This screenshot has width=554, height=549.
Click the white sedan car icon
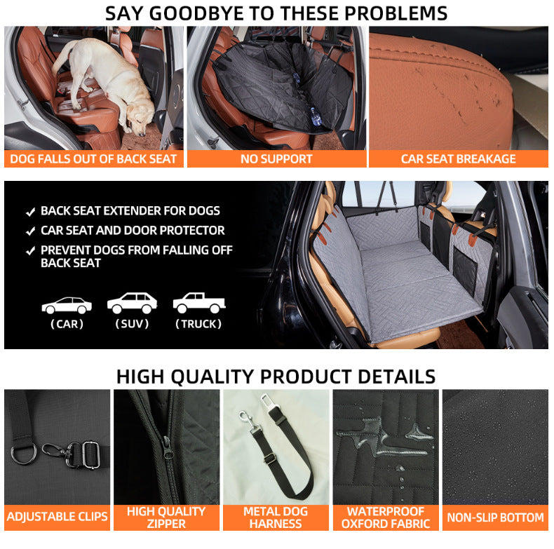[67, 305]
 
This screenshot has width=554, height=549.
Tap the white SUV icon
[132, 303]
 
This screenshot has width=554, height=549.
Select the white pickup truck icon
[199, 303]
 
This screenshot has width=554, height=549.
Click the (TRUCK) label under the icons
[198, 324]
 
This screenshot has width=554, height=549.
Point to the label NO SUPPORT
[276, 159]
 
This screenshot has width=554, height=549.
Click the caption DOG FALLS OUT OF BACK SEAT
[93, 159]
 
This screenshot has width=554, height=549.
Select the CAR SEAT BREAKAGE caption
[458, 159]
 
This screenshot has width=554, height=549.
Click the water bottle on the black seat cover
[316, 116]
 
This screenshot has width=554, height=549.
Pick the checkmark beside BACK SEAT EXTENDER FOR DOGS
[31, 212]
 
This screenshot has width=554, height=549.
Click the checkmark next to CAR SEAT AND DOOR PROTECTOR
[31, 231]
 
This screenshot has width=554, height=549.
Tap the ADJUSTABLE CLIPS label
[58, 517]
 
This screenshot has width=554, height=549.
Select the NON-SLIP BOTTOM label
[495, 517]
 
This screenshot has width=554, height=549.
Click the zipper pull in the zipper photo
[166, 448]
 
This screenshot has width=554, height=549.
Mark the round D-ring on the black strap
[24, 454]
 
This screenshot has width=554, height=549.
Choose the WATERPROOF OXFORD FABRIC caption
[386, 517]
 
